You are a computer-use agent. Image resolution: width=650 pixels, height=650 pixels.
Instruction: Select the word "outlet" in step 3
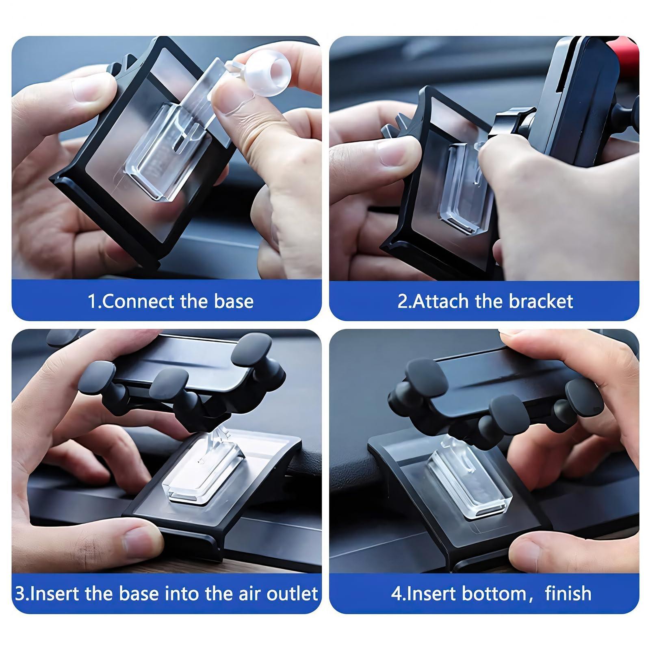292,594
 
